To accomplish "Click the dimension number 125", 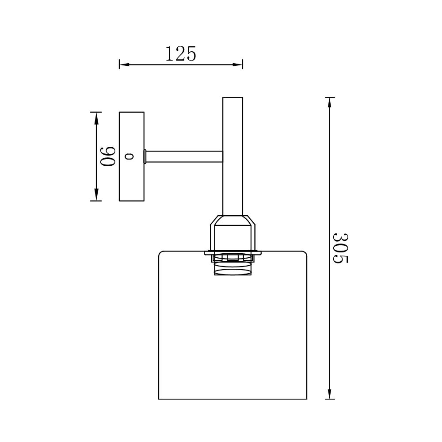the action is pyautogui.click(x=180, y=53).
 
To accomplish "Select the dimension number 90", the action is pyautogui.click(x=108, y=156).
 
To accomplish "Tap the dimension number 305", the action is pyautogui.click(x=340, y=248).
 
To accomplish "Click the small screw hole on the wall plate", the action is pyautogui.click(x=130, y=156).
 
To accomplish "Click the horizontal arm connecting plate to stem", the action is pyautogui.click(x=184, y=156).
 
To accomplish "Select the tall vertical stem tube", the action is pyautogui.click(x=232, y=156).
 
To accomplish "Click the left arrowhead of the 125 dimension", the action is pyautogui.click(x=124, y=65).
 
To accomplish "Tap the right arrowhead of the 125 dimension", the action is pyautogui.click(x=238, y=65).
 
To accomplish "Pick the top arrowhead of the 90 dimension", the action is pyautogui.click(x=96, y=118).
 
